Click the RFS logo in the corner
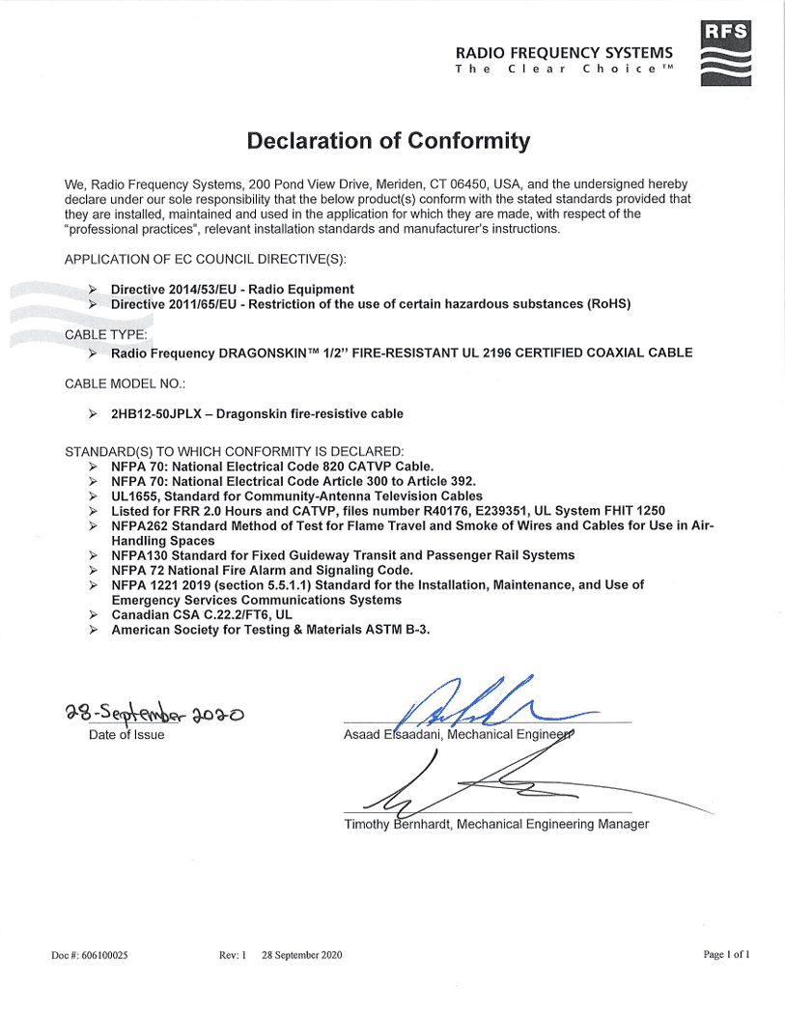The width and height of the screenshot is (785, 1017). click(724, 52)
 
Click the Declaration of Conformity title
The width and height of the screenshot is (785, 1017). click(388, 141)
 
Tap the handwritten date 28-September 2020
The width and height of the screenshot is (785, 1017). click(155, 715)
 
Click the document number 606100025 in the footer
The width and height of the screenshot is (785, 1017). click(101, 955)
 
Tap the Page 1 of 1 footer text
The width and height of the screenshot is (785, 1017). click(726, 955)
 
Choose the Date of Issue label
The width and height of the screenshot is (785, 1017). click(126, 735)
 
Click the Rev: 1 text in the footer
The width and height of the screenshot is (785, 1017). click(233, 955)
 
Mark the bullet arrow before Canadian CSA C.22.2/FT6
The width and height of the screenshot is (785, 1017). click(93, 614)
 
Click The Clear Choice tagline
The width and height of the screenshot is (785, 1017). click(564, 70)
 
